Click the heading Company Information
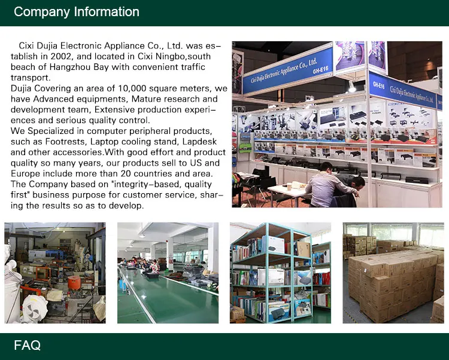(x=77, y=12)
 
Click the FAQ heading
(x=27, y=345)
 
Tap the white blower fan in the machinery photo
(x=35, y=308)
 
